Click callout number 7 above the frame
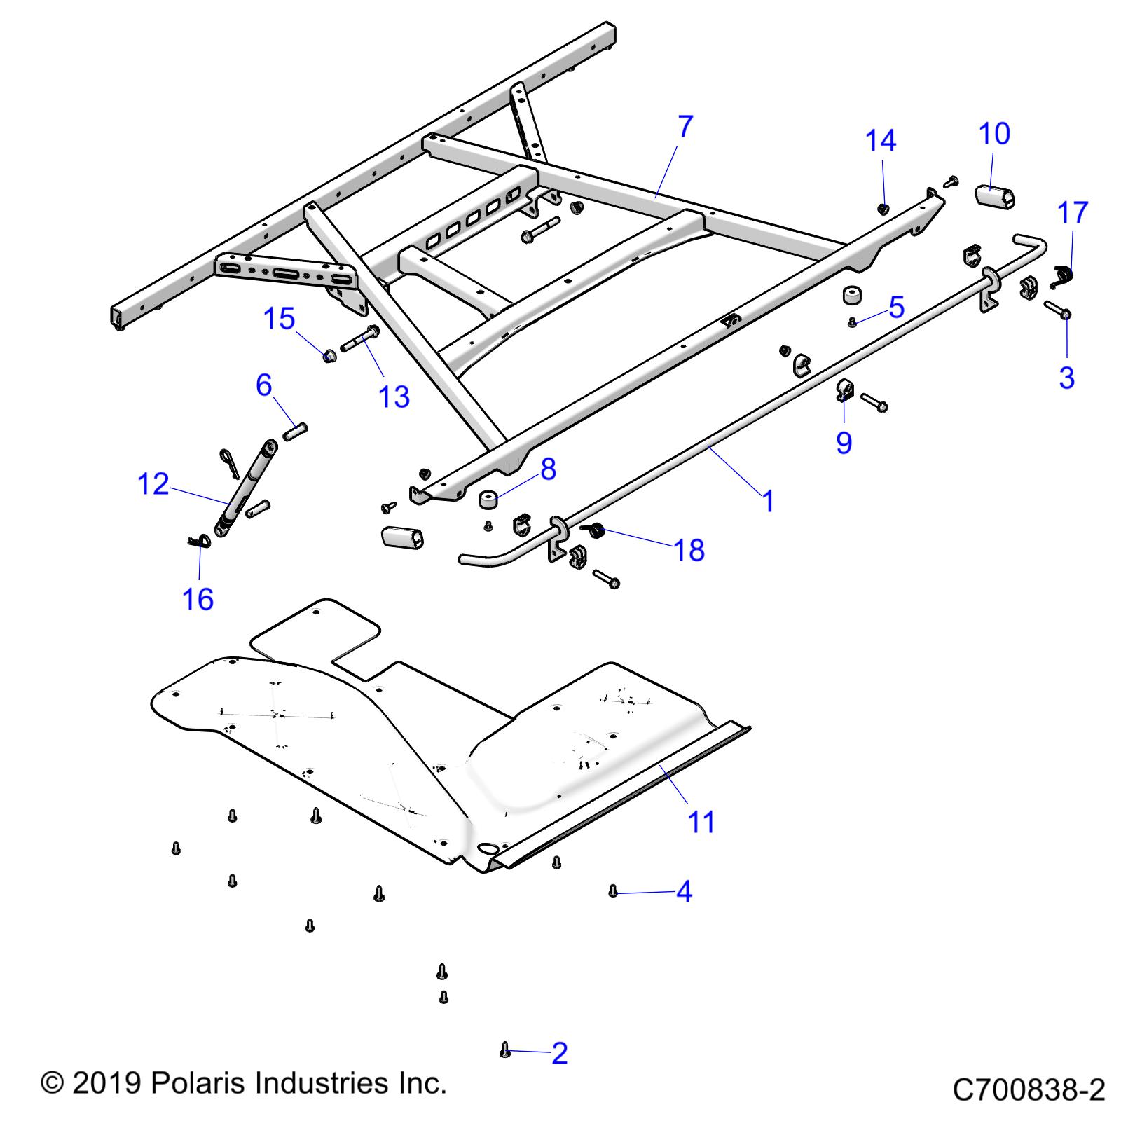pyautogui.click(x=685, y=128)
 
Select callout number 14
pyautogui.click(x=880, y=141)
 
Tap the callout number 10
pyautogui.click(x=993, y=133)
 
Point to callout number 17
pyautogui.click(x=1072, y=212)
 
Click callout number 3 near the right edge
pyautogui.click(x=1066, y=378)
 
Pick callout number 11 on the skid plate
pyautogui.click(x=701, y=821)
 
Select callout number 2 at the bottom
pyautogui.click(x=559, y=1053)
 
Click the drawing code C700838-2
pyautogui.click(x=1028, y=1090)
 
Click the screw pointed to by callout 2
pyautogui.click(x=504, y=1050)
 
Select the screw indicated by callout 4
pyautogui.click(x=613, y=890)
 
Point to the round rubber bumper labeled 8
pyautogui.click(x=488, y=500)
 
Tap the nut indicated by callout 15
pyautogui.click(x=329, y=355)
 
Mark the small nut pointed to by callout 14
pyautogui.click(x=883, y=208)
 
